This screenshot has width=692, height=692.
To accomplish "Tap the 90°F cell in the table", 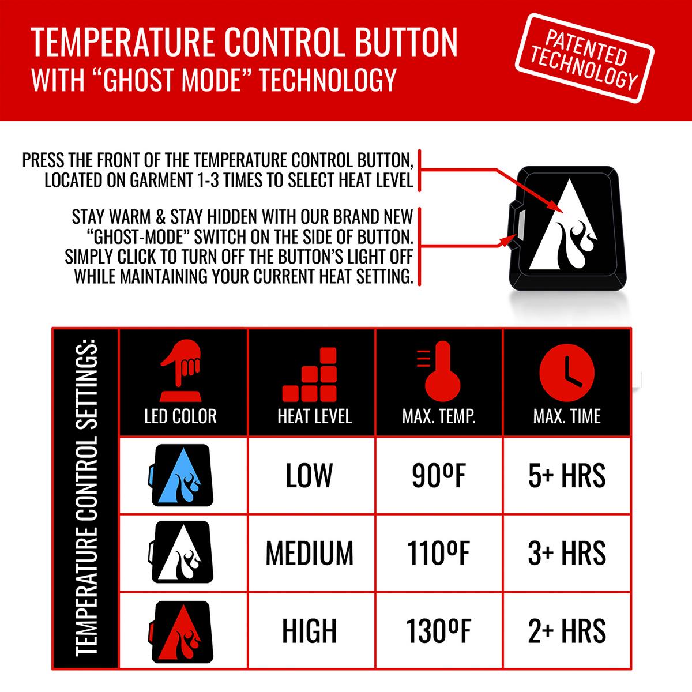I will pos(438,475).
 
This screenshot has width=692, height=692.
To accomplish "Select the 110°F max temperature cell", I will pos(439,552).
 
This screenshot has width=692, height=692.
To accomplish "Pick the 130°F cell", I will pos(438,630).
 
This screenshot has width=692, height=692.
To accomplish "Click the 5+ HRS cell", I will pos(567,475).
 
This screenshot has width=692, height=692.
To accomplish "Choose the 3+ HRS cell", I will pos(567,552).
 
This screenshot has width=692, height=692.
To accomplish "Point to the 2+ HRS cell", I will pos(567,630).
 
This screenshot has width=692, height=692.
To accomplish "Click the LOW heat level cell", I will pos(310,475).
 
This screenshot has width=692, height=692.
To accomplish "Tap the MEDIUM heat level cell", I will pos(310,552).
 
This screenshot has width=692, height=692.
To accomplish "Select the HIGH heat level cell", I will pos(310,630).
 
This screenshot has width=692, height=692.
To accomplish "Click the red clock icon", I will pos(567,371).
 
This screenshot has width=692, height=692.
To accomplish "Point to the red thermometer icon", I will pos(439,371).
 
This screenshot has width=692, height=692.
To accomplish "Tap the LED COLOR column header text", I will pos(180,416).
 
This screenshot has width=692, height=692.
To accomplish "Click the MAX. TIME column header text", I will pos(567,416).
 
